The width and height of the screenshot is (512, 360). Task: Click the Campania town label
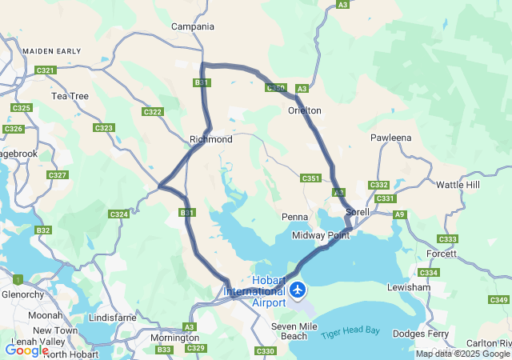193,26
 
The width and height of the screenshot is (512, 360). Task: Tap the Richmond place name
211,139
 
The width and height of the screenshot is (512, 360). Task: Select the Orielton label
305,110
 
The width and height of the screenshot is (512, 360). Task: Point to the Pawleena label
391,138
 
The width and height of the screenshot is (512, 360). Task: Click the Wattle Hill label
458,185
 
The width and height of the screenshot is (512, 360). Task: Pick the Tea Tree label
70,96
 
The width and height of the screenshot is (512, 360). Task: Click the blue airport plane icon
298,289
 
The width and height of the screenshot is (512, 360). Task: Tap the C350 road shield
276,88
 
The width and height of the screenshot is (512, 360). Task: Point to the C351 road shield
310,178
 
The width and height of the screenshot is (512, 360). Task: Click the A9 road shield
399,214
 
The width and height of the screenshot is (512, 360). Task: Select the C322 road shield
152,112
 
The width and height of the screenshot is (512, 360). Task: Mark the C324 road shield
118,214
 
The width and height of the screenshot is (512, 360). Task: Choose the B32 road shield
43,230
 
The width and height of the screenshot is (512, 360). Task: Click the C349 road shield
498,300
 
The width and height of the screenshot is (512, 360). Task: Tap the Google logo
26,350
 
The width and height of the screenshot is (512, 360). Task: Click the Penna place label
293,218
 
